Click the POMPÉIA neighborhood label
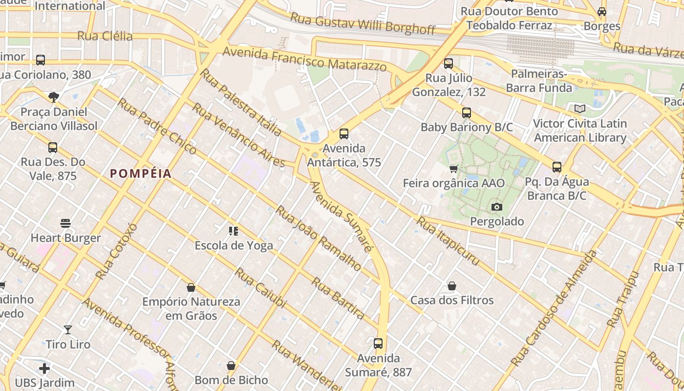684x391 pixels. click(141, 174)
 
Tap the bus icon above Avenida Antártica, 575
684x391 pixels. click(344, 134)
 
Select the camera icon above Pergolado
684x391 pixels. click(497, 207)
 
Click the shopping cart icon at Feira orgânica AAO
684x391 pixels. click(454, 169)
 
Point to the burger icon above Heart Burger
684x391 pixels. click(66, 224)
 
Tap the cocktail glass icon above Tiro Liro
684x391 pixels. click(68, 330)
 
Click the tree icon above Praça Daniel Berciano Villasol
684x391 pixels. click(54, 97)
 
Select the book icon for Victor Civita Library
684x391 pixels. click(580, 109)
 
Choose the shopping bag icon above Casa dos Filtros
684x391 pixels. click(452, 286)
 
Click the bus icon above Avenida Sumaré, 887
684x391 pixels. click(378, 344)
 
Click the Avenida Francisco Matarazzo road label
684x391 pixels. click(305, 59)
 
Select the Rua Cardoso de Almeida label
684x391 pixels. click(554, 308)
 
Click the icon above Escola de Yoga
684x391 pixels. click(234, 231)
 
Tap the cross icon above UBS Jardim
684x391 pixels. click(44, 369)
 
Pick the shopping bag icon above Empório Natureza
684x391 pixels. click(191, 287)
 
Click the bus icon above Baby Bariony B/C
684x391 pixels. click(467, 113)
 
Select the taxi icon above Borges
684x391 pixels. click(602, 12)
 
